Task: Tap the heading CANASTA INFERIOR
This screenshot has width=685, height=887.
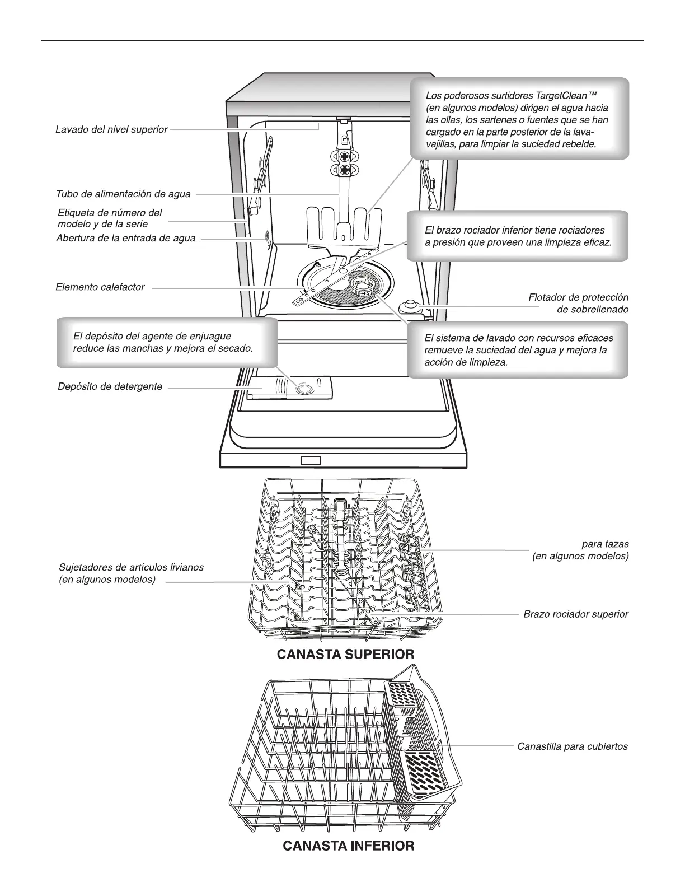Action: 349,846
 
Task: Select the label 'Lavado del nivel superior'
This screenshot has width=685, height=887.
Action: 111,129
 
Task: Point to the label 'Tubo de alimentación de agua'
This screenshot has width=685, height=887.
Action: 123,194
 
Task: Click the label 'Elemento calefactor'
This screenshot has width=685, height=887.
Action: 100,287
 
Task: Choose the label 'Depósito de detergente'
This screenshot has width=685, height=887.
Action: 110,386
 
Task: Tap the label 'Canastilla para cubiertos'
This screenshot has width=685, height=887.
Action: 572,746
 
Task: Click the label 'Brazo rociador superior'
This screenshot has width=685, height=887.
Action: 576,614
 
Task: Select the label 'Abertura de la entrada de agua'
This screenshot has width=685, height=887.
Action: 126,239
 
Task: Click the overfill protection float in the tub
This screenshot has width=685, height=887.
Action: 407,306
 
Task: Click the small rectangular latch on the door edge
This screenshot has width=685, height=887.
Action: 311,460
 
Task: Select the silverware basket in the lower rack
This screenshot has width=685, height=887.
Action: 423,734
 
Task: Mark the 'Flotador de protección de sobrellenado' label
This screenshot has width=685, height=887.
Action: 578,304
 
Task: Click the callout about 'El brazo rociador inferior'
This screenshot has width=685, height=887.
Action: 517,236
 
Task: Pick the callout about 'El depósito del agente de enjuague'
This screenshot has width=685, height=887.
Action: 167,342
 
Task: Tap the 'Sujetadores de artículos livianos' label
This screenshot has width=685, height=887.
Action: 131,573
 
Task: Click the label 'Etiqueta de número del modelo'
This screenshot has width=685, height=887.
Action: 110,218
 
